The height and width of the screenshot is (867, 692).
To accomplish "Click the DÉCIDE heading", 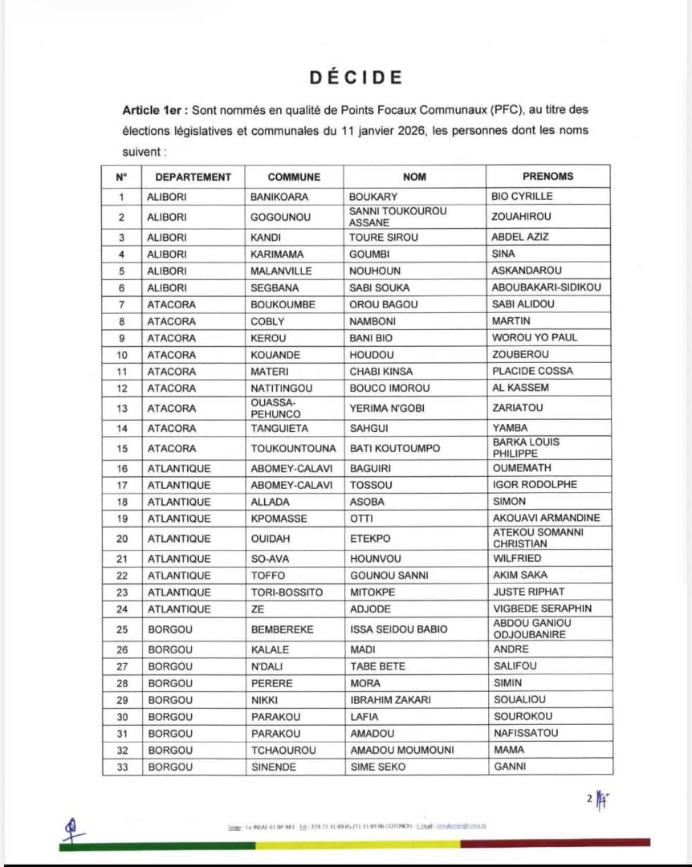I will [x=356, y=77].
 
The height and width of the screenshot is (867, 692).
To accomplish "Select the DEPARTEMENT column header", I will [x=193, y=177].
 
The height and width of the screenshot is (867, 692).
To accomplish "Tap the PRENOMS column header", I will [x=547, y=177].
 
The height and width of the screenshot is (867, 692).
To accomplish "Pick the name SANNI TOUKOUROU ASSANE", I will [x=398, y=217].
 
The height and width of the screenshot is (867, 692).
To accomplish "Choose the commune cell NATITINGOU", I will [x=283, y=388].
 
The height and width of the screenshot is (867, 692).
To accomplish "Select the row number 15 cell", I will [x=122, y=448].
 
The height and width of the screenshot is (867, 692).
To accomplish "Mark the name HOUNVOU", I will [x=375, y=559].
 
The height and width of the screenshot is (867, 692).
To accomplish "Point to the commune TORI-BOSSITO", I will [x=287, y=592].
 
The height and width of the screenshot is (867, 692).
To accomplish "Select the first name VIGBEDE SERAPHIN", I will [x=543, y=609].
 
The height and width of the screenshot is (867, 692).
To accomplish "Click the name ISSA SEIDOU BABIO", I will [x=398, y=629].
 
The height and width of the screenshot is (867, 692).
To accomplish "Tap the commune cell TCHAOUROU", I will [x=283, y=750].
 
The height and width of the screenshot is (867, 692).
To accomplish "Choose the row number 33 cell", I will [x=122, y=767].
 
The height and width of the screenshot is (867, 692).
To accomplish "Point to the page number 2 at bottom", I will [x=589, y=798].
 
